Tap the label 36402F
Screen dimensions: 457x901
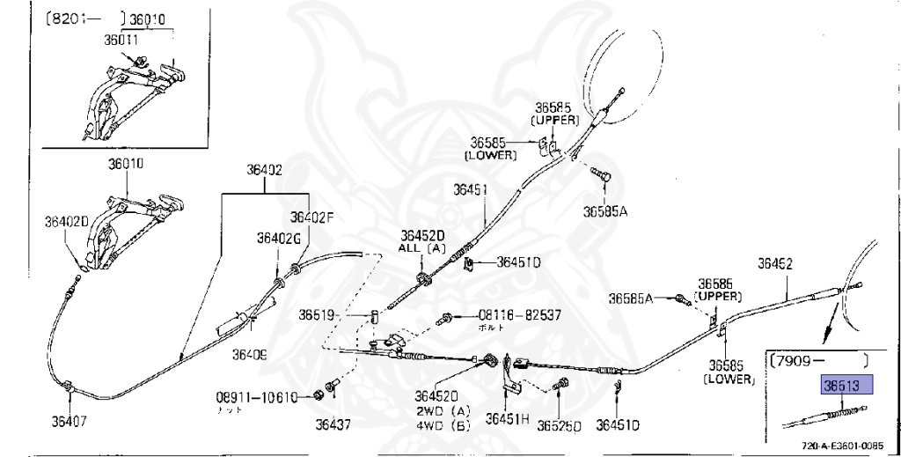click(312, 217)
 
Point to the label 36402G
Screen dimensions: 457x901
click(279, 238)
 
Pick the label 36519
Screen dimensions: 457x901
click(316, 314)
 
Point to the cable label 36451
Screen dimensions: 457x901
click(471, 189)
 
